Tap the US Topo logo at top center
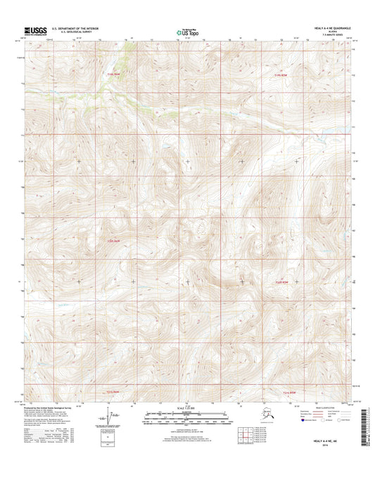[x=186, y=31]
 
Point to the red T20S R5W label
[x=282, y=282]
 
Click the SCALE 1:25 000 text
[x=186, y=408]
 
